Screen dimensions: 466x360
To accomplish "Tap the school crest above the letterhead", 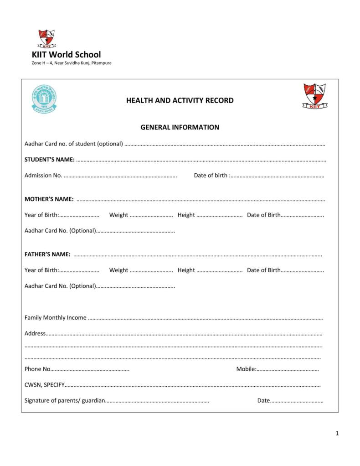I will [x=46, y=38].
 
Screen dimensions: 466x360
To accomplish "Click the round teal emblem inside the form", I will [x=44, y=98].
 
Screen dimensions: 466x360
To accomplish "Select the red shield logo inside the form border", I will [x=314, y=96].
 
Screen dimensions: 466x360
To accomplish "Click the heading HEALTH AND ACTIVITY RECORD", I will [x=180, y=100].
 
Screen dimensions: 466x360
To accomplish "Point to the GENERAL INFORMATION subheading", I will [x=180, y=127].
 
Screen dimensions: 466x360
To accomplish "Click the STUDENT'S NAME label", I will [x=49, y=160].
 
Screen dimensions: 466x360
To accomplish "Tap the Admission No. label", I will [x=43, y=176].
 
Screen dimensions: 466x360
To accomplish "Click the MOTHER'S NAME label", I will [x=49, y=199].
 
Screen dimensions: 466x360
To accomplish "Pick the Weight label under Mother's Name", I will [x=118, y=215].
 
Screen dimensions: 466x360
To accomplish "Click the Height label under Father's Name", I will [x=186, y=270].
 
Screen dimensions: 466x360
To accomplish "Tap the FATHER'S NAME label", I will [x=47, y=254].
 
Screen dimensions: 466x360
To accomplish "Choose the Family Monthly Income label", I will [x=55, y=318].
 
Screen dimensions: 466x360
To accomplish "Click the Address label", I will [x=35, y=333].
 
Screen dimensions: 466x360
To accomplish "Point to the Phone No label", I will [x=37, y=369].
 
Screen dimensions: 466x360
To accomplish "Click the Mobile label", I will [x=246, y=369].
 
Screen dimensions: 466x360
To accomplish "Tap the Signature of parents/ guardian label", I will [x=65, y=401].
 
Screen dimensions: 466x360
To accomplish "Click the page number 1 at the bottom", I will [x=337, y=434].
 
